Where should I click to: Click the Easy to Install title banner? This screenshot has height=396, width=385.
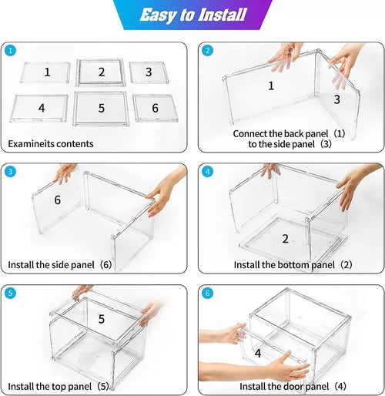[193, 15]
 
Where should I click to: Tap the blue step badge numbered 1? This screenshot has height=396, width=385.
[10, 50]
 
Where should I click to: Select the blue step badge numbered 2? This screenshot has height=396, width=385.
[207, 51]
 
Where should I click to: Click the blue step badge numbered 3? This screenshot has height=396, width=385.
[10, 171]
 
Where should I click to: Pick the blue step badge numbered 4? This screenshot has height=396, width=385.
[207, 171]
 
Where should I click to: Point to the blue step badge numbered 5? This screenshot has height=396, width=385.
[10, 294]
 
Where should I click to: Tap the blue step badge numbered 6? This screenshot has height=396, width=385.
[207, 294]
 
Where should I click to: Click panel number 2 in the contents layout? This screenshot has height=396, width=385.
[101, 72]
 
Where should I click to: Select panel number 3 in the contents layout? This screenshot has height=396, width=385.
[151, 72]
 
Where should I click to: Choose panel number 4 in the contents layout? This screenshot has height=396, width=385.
[41, 109]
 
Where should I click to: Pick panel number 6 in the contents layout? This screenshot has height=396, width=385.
[154, 109]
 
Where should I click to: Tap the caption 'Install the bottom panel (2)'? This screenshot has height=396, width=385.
[293, 265]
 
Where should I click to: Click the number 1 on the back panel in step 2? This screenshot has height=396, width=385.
[271, 86]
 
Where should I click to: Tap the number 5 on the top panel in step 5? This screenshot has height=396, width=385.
[100, 317]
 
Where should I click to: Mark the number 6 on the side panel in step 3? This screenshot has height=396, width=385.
[57, 200]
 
